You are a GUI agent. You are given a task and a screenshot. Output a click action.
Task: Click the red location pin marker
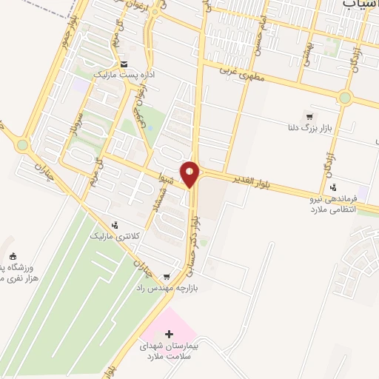[191, 173]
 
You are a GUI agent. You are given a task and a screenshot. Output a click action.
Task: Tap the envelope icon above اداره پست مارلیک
[124, 64]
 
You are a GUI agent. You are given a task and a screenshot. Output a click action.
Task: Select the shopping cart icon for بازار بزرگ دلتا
[309, 117]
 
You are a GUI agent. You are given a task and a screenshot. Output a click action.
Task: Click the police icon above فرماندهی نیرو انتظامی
[334, 187]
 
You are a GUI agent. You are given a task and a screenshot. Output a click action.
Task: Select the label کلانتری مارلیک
[113, 236]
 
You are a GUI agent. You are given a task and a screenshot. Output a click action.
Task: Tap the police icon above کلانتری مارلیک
[114, 225]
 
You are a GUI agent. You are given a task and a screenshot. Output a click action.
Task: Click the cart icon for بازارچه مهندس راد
[146, 276]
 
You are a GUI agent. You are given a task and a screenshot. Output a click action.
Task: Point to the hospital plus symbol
[170, 334]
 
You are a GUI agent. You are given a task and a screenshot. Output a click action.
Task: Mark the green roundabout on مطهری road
[344, 97]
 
